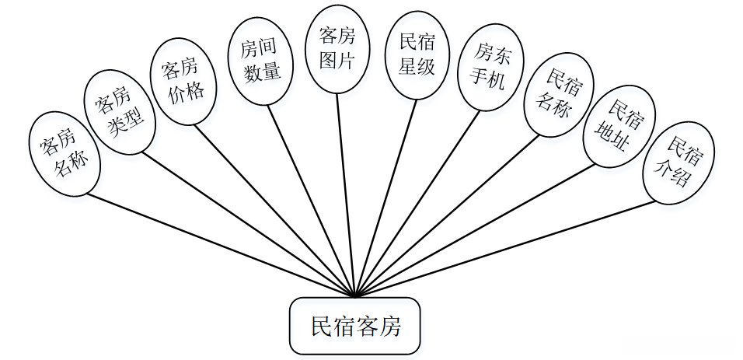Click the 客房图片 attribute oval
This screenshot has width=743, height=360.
point(337,48)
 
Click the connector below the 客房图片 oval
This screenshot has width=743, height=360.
point(346,194)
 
